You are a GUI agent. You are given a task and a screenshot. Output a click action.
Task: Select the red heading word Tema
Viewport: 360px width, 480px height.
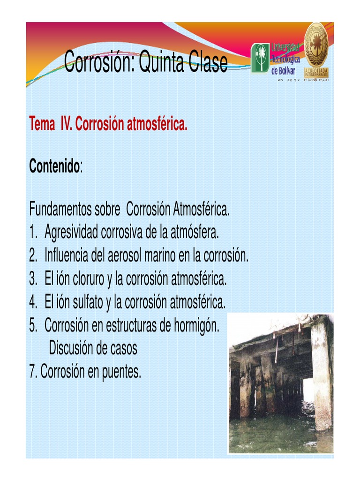click(x=42, y=125)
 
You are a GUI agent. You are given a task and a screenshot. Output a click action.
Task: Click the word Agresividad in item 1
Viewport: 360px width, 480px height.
click(x=71, y=232)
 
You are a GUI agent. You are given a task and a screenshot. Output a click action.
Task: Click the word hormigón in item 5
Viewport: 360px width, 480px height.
click(x=196, y=325)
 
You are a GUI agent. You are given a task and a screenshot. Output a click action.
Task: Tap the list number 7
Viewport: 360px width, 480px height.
click(x=32, y=372)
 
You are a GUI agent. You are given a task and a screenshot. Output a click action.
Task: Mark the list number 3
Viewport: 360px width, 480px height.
click(x=32, y=279)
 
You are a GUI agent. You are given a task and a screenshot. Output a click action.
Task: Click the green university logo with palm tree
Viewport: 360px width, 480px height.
click(x=260, y=58)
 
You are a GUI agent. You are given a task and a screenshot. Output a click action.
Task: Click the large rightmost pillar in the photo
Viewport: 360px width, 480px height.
click(x=322, y=375)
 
